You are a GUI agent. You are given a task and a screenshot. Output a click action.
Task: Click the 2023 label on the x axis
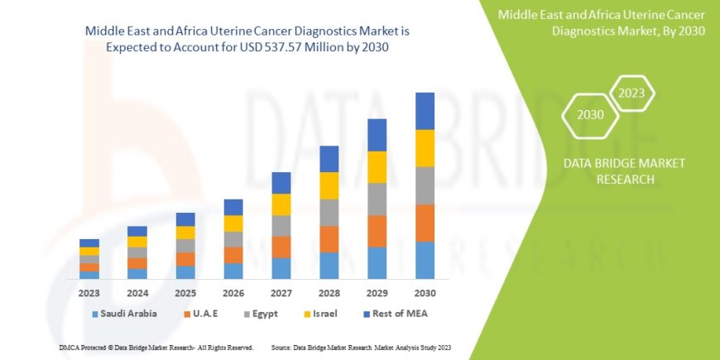tap(89, 292)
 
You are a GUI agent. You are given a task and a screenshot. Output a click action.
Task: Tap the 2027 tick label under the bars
tap(281, 292)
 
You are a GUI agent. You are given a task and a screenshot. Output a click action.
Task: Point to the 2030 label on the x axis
tap(425, 292)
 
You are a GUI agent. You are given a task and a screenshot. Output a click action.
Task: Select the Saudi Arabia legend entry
tap(124, 314)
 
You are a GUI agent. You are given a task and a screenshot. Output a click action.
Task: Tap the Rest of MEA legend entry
tap(394, 314)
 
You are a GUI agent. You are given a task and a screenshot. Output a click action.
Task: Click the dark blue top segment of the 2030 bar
tap(425, 111)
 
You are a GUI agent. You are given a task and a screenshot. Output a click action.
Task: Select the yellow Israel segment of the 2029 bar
tap(377, 167)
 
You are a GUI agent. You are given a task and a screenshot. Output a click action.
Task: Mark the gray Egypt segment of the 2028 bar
tap(329, 212)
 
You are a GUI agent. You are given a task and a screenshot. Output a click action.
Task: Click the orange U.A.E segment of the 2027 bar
tap(281, 247)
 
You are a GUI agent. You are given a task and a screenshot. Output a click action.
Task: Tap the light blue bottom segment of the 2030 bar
tap(425, 260)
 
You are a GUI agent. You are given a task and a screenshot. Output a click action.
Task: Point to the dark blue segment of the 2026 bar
tap(233, 207)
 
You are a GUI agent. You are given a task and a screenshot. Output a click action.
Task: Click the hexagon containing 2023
tap(631, 93)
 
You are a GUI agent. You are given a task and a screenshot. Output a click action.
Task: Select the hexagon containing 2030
tap(590, 114)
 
